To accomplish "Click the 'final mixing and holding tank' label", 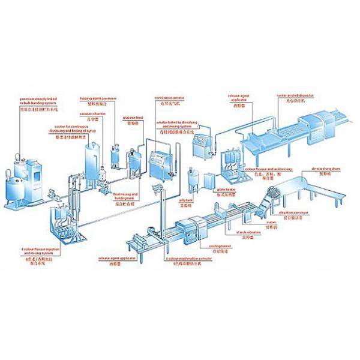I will [x=126, y=199].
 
